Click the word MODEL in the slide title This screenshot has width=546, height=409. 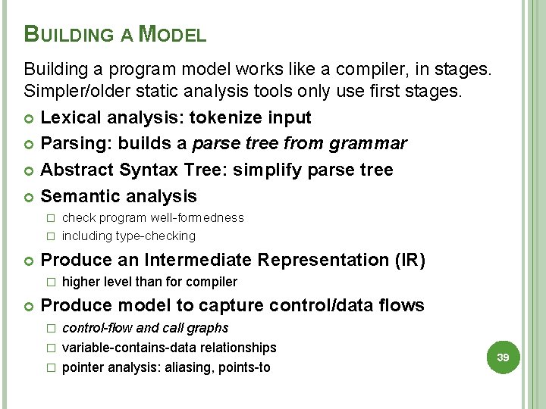tap(174, 34)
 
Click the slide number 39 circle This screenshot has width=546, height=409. tap(502, 356)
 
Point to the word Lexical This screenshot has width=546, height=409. tap(69, 117)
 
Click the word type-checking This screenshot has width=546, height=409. tap(155, 236)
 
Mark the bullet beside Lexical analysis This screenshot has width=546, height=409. tap(30, 118)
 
